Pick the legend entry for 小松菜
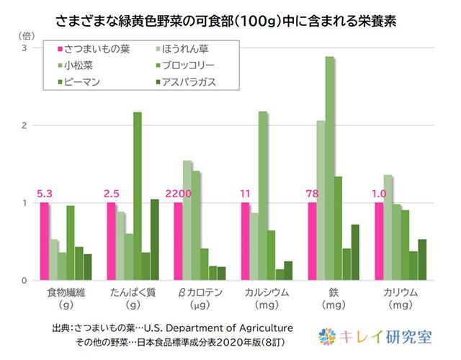pyautogui.click(x=79, y=66)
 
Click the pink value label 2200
pyautogui.click(x=181, y=193)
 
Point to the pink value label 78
pyautogui.click(x=314, y=193)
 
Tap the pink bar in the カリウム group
pyautogui.click(x=379, y=241)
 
